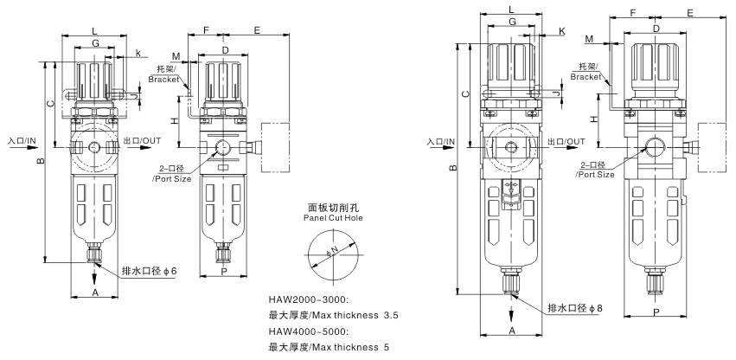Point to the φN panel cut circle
pyautogui.click(x=331, y=254)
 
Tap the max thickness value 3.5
pyautogui.click(x=392, y=316)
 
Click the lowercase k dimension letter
pyautogui.click(x=138, y=54)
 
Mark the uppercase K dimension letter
pyautogui.click(x=562, y=31)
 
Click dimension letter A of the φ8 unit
pyautogui.click(x=512, y=331)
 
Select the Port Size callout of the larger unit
pyautogui.click(x=596, y=169)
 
